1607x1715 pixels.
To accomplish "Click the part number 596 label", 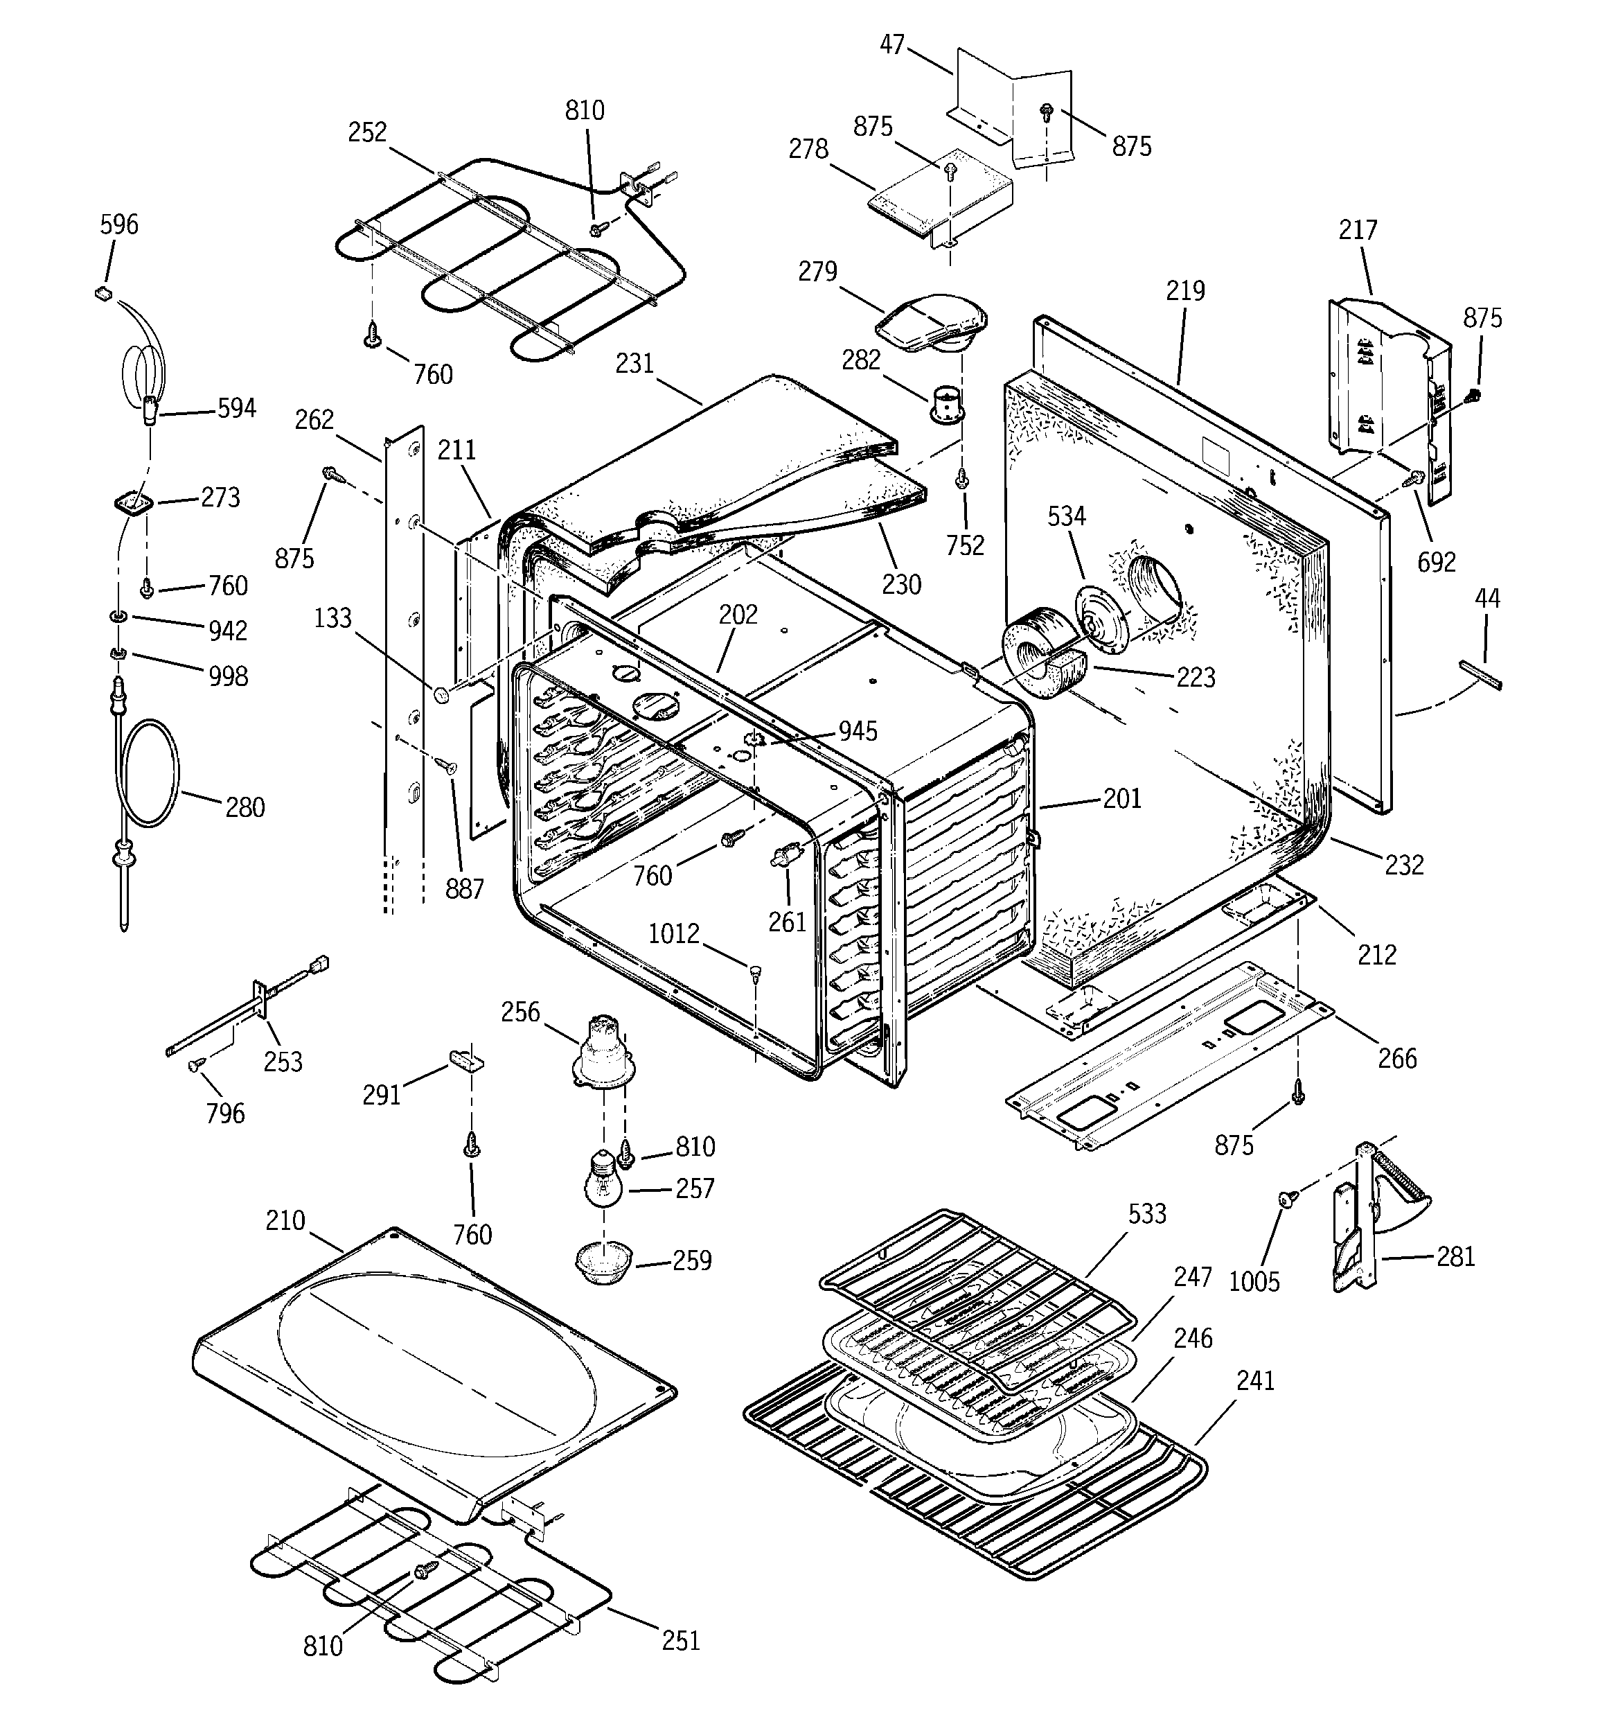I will point(118,225).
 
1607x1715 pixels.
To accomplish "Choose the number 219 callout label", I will point(1184,291).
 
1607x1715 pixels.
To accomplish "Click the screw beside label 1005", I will point(1288,1198).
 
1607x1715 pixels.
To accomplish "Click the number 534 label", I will point(1066,517).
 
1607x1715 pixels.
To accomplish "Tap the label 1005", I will point(1253,1282).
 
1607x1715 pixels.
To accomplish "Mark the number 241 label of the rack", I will point(1254,1380).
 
